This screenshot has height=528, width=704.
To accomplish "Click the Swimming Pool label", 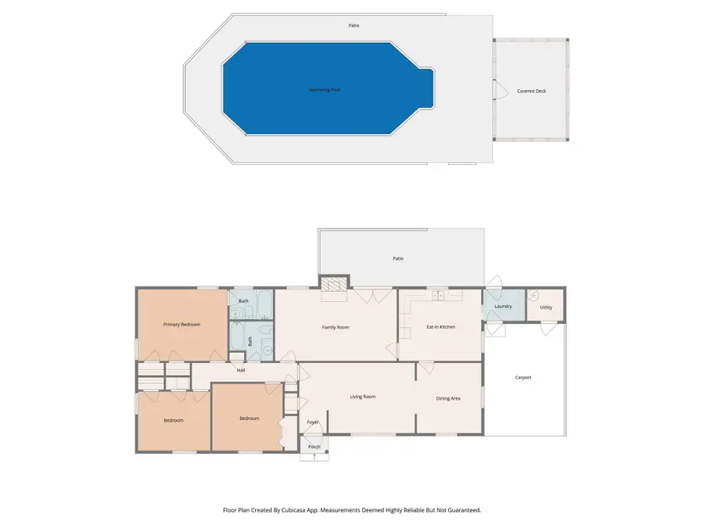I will pos(324,90).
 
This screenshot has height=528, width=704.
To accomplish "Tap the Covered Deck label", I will pos(531,92).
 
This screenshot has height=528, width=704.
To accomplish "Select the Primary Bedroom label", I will pos(181,324).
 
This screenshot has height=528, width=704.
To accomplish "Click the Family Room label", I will pos(336,327).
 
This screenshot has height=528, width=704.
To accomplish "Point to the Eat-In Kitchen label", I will pos(440,327).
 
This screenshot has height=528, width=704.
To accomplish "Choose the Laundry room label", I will pos(503,307).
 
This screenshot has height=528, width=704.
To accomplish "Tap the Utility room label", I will pos(546,307).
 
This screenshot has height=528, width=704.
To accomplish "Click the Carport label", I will pos(523,378).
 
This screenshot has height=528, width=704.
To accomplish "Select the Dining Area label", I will pos(447,398).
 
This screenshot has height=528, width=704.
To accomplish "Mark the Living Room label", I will pos(362,397).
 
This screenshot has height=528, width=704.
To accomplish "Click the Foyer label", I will pos(313,422).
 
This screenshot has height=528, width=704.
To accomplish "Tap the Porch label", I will pos(314,447).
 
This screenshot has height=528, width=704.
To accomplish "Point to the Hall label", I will pos(241,370).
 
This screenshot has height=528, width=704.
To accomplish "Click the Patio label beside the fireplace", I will pos(398,258).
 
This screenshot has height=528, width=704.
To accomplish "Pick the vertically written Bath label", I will pos(250,341).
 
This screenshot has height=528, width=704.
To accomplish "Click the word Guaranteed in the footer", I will pos(463,510).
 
